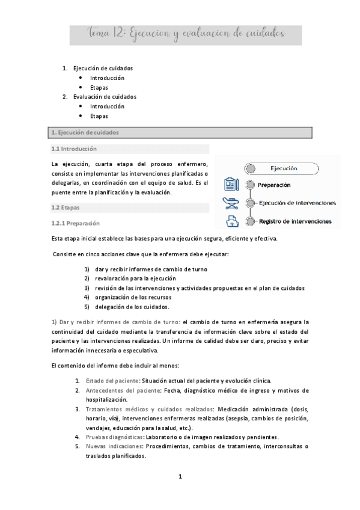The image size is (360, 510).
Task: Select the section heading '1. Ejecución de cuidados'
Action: [85, 132]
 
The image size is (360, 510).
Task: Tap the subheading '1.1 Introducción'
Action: [74, 149]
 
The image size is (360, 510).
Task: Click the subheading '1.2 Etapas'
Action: [66, 207]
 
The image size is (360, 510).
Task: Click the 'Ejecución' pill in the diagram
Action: [284, 169]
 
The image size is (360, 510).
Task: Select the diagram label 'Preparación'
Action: [274, 185]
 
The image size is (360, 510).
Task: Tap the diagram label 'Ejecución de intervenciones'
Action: [297, 203]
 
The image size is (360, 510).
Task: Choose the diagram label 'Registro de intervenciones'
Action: [294, 221]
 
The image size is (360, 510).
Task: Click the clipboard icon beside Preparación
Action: [231, 184]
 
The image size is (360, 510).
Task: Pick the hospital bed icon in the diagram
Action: [231, 203]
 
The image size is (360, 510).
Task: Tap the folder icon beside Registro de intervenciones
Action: [231, 221]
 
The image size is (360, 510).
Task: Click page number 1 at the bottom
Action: [180, 477]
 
